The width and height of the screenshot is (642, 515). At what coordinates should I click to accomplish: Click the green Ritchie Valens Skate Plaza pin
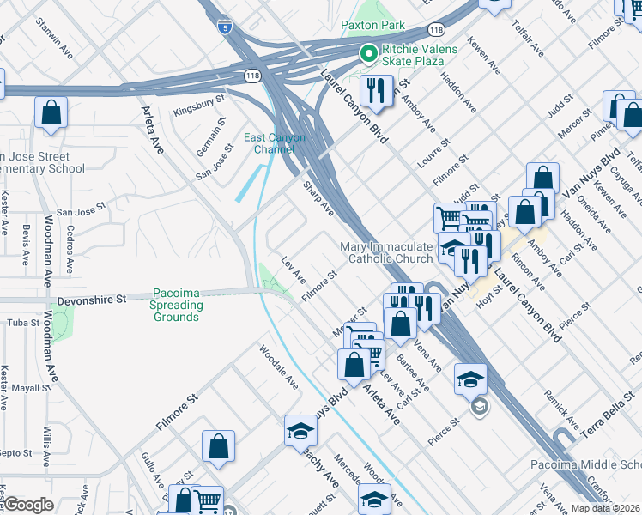click(369, 55)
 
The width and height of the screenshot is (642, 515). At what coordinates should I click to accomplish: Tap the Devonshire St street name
click(92, 300)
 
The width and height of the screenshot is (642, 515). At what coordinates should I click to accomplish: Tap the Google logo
click(28, 505)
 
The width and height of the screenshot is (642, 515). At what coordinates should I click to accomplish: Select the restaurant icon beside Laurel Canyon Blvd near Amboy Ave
click(375, 88)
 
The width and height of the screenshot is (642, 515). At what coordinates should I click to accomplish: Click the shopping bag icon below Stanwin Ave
click(51, 112)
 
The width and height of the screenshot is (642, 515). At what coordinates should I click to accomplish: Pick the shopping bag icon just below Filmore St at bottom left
click(219, 446)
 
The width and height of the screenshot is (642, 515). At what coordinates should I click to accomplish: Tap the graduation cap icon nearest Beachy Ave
click(300, 429)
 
